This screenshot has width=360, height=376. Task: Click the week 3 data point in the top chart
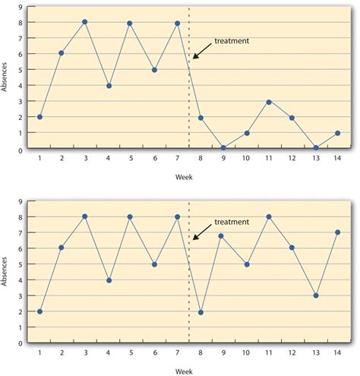(84, 22)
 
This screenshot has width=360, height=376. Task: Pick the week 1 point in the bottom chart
(39, 311)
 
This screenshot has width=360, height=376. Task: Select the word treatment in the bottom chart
(232, 222)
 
